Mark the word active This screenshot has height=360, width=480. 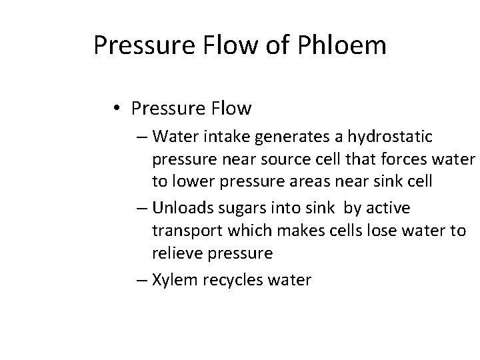click(x=387, y=208)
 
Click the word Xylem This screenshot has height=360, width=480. click(x=172, y=280)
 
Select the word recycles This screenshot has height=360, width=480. click(x=229, y=280)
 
